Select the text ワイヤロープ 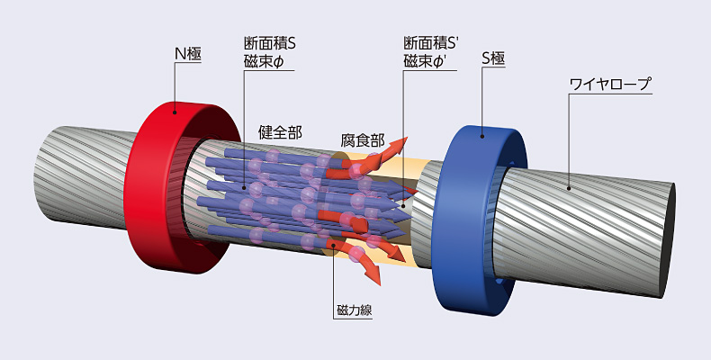pos(609,85)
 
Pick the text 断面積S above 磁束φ pos(269,43)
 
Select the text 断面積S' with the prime pos(432,43)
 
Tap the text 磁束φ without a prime pos(264,60)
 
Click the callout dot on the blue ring pos(482,137)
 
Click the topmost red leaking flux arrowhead pos(402,142)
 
